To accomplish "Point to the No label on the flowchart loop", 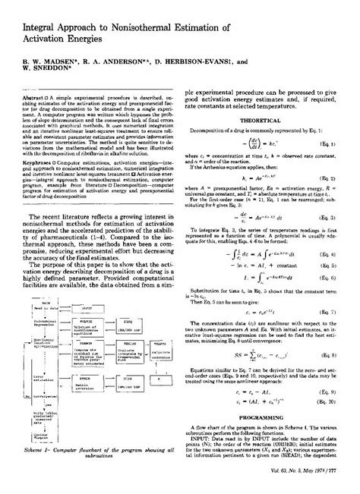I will click(x=26, y=397).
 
